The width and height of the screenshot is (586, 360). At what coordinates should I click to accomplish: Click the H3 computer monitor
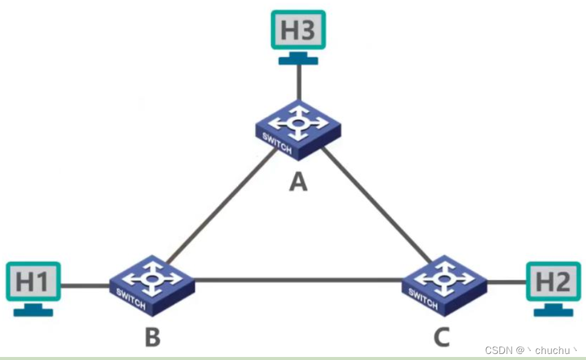[298, 30]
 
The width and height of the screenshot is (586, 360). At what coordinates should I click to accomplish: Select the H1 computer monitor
[33, 281]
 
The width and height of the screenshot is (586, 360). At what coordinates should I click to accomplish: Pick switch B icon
[152, 283]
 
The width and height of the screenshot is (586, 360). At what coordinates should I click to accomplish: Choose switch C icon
[444, 283]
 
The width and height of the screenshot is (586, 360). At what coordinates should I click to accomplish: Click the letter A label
[298, 180]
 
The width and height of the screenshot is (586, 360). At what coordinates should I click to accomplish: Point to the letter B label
[152, 337]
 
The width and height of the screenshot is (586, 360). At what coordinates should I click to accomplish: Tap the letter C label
[443, 337]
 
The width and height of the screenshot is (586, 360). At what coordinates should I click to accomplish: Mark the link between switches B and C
[298, 280]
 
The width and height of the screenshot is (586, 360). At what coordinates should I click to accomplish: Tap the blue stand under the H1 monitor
[33, 310]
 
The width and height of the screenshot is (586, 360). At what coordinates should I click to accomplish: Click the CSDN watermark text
[532, 350]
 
